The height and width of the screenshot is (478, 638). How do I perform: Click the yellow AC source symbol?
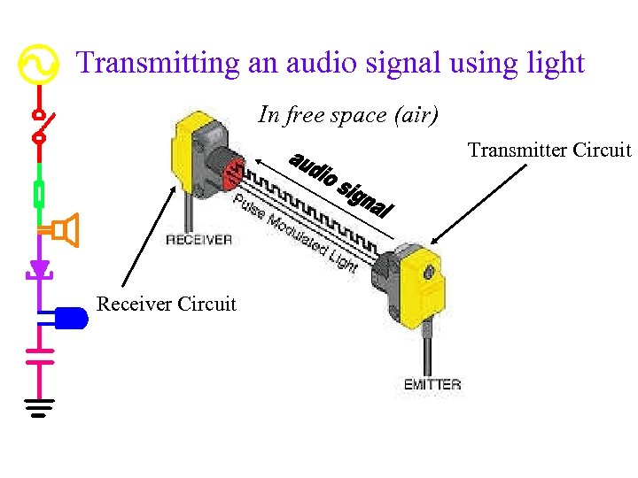(38, 64)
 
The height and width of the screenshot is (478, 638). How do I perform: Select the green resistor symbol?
(38, 193)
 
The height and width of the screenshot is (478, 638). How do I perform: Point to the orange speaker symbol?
(65, 231)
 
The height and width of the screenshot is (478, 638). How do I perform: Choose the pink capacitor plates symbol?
(38, 355)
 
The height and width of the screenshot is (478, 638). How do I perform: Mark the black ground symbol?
(38, 406)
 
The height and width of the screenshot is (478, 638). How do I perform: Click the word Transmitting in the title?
(157, 63)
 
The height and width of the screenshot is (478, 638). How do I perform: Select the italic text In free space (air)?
(348, 114)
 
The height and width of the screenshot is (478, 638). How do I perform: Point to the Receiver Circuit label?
(167, 305)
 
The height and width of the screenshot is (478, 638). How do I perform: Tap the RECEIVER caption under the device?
(198, 239)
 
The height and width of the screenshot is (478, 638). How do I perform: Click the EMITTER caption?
(432, 384)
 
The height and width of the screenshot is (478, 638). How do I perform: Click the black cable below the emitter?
(427, 350)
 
